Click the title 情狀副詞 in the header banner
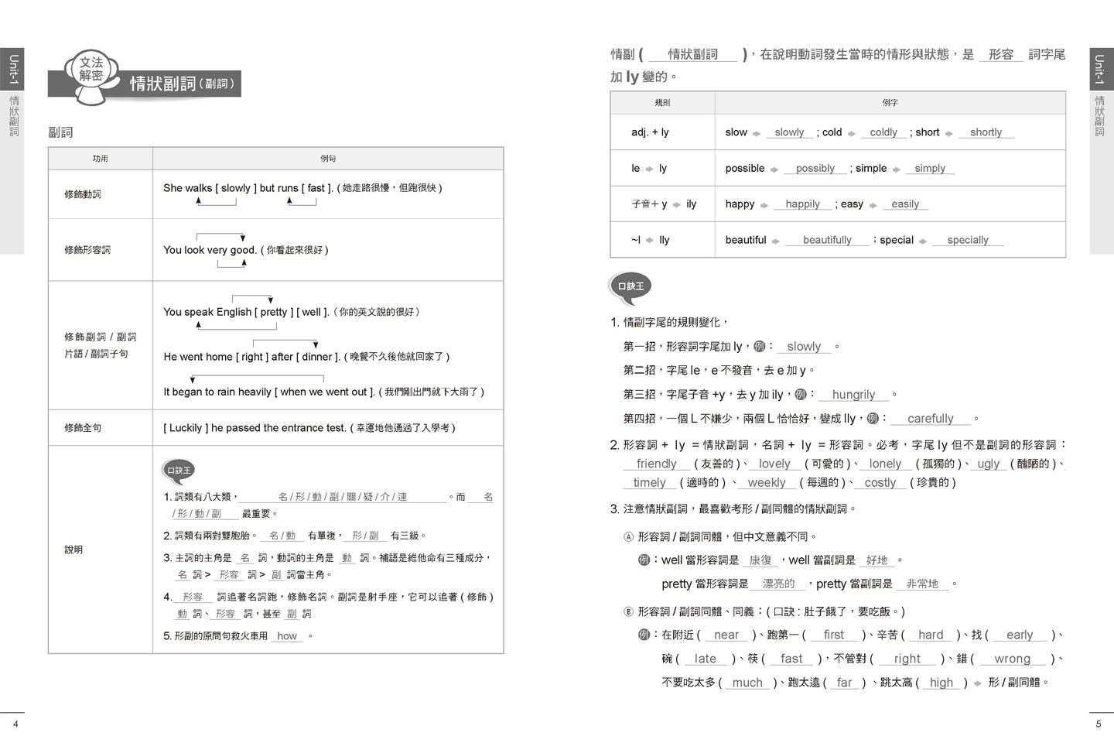162,84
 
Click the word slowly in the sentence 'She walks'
235,188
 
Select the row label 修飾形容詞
87,250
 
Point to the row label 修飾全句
83,428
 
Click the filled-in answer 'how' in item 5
287,636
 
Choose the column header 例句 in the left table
328,159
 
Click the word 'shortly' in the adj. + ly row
986,132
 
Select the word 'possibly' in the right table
815,168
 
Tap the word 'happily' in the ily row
802,204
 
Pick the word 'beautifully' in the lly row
826,240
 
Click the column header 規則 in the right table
662,103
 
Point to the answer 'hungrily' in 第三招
853,395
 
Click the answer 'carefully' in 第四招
930,419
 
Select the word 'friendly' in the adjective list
656,464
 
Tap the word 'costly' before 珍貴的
880,483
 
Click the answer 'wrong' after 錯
1012,659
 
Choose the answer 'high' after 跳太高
941,683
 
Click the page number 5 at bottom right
1098,724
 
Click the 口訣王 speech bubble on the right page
630,286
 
